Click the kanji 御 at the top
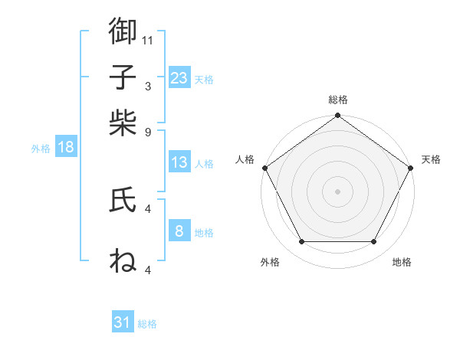coord(123,31)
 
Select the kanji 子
coord(123,77)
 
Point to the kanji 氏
coord(123,200)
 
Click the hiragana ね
coord(123,260)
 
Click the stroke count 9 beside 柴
coord(148,132)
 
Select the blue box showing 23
coord(179,77)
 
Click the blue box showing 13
coord(179,162)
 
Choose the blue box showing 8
coord(179,231)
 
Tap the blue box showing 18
coord(66,148)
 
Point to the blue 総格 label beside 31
coord(147,324)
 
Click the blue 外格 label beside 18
coord(41,149)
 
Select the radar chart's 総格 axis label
coord(337,100)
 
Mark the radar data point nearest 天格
coord(411,168)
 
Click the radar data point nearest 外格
coord(301,242)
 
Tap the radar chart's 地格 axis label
coord(402,263)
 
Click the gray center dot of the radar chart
coord(337,191)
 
